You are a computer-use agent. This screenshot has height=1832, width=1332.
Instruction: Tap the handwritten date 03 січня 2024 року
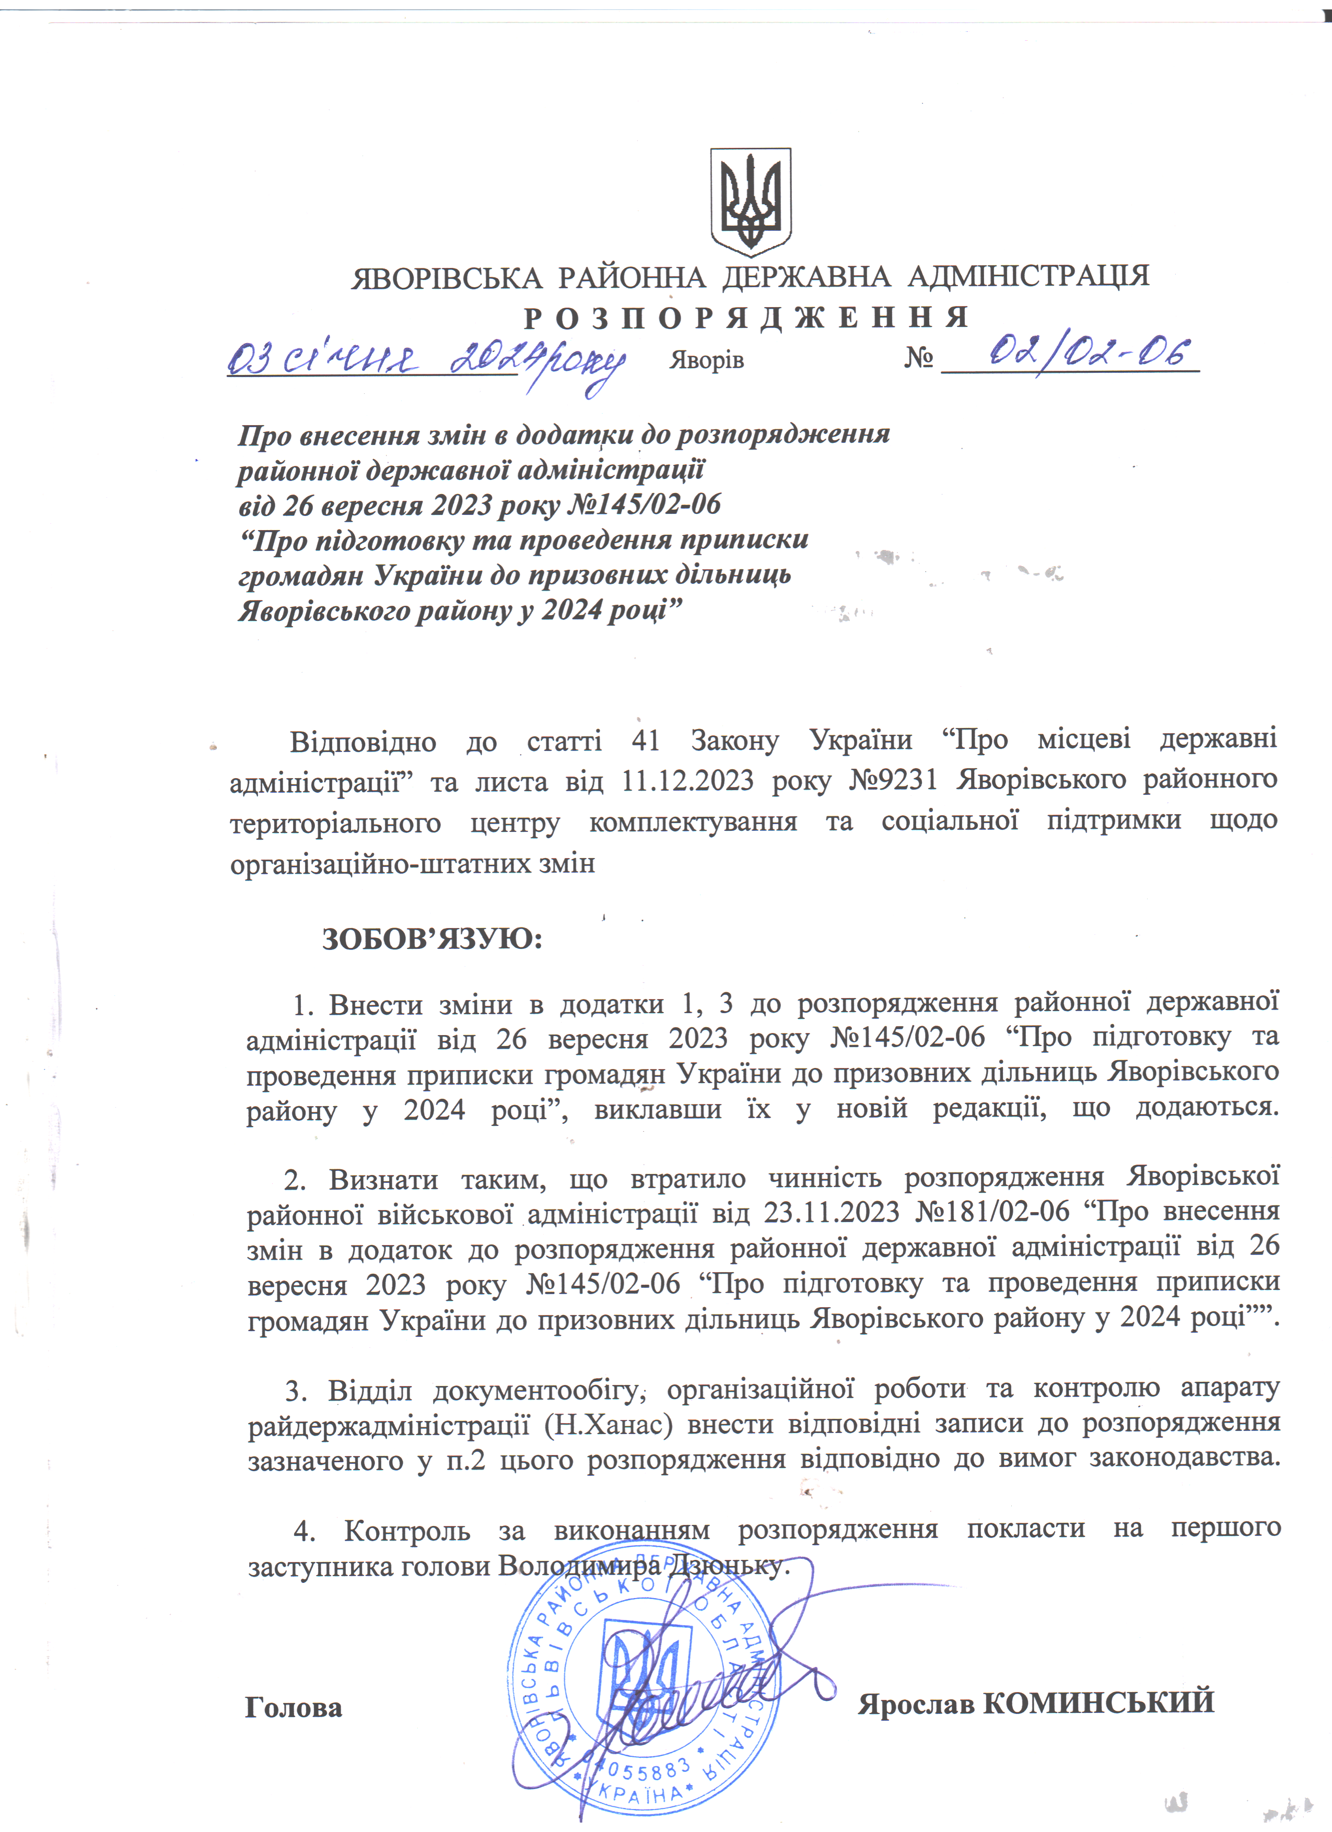pyautogui.click(x=426, y=361)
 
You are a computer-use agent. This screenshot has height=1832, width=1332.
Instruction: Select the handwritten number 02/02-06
pyautogui.click(x=1091, y=353)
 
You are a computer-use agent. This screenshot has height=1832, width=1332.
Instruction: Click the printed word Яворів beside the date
pyautogui.click(x=706, y=360)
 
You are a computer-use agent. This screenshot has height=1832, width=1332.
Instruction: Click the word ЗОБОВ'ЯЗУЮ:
pyautogui.click(x=432, y=940)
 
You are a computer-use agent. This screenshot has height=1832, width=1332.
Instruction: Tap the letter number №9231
pyautogui.click(x=893, y=780)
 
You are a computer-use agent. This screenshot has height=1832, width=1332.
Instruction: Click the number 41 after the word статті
pyautogui.click(x=646, y=741)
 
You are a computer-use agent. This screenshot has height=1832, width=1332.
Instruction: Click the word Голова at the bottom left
pyautogui.click(x=294, y=1708)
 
